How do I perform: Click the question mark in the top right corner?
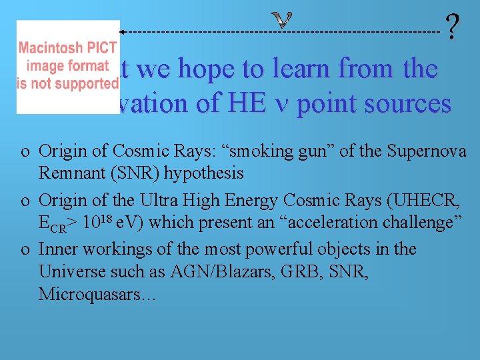pyautogui.click(x=453, y=29)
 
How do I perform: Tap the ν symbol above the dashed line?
pyautogui.click(x=283, y=21)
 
